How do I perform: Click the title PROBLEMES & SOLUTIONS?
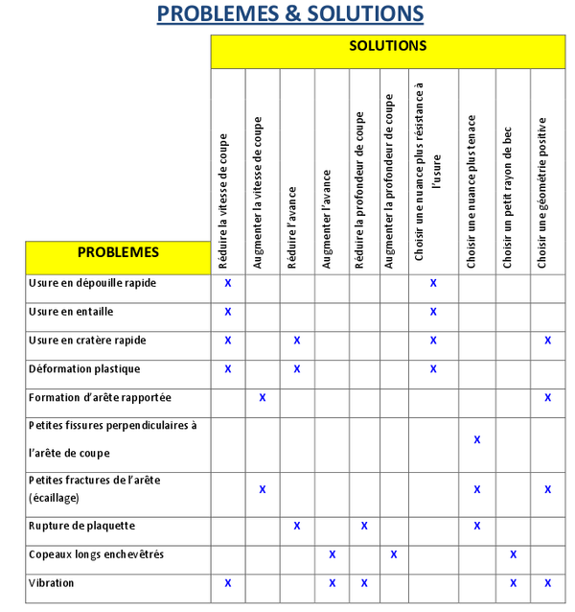[x=289, y=14]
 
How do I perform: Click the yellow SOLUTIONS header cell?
[x=387, y=47]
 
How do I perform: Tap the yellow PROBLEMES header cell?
[x=118, y=253]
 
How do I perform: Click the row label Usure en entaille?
[x=71, y=312]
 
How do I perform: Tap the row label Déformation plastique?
[x=84, y=369]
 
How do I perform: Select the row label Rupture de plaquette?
[x=81, y=526]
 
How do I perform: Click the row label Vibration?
[x=52, y=583]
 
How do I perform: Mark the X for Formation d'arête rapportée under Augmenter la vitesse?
[x=263, y=397]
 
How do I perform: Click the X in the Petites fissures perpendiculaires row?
[x=477, y=439]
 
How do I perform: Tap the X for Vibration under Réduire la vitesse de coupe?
[x=228, y=583]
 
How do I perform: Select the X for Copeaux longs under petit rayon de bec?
[x=513, y=554]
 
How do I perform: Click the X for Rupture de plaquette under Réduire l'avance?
[x=297, y=526]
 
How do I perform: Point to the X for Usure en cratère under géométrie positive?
[x=548, y=341]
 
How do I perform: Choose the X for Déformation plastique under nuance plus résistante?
[x=433, y=369]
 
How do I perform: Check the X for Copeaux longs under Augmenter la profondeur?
[x=394, y=554]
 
